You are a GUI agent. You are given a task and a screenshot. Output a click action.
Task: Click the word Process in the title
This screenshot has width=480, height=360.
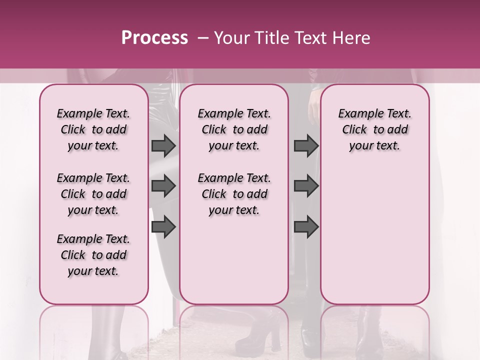[x=154, y=38]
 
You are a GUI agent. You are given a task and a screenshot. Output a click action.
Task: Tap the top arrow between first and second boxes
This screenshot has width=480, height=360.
[x=163, y=145]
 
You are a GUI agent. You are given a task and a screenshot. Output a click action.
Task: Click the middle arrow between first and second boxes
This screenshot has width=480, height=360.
[x=163, y=186]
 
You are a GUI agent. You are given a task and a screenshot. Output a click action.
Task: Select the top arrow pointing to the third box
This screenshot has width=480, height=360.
[x=306, y=145]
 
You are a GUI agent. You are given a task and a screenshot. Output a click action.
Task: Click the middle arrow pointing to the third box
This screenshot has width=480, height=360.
[x=306, y=186]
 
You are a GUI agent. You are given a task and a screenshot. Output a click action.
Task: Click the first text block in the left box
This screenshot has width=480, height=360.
[x=93, y=129]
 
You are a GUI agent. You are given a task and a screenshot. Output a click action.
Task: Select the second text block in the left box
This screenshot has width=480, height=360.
[x=93, y=194]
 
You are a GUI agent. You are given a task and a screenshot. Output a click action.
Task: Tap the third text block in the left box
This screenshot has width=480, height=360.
[x=93, y=255]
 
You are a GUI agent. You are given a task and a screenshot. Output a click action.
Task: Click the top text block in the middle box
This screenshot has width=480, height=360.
[x=234, y=129]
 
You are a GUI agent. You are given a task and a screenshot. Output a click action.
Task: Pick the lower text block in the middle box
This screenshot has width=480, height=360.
[x=234, y=194]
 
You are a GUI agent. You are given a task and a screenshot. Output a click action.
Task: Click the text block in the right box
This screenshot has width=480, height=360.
[x=374, y=129]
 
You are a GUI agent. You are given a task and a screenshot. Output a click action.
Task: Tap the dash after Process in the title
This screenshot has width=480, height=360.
[x=202, y=38]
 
